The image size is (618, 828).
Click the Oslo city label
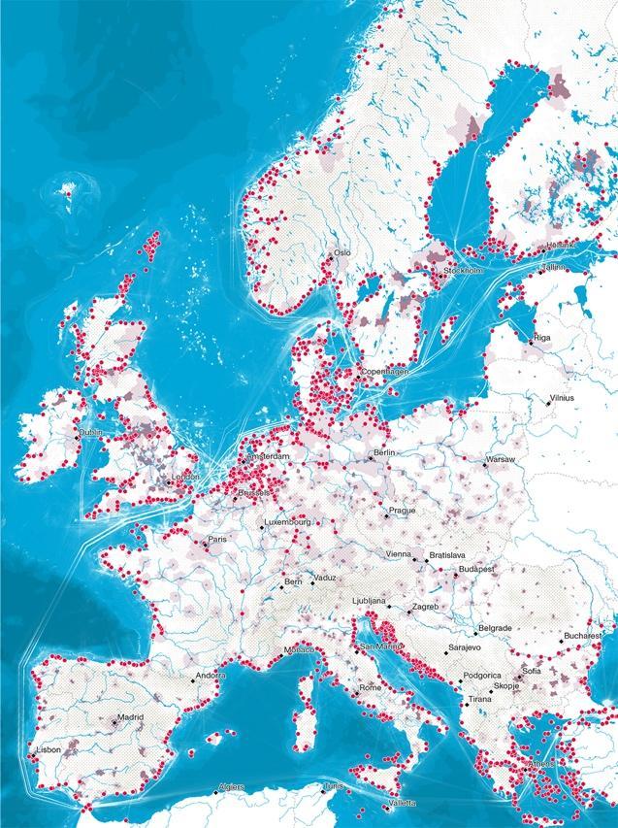point(342,253)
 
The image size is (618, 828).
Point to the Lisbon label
point(48,749)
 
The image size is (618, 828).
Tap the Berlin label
point(386,453)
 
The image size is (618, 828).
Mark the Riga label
point(541,338)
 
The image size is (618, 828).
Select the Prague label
point(402,511)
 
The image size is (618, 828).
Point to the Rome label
point(371,687)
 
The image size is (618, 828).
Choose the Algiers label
point(232,786)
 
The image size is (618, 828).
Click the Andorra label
point(211,675)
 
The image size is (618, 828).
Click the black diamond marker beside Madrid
point(114,723)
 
